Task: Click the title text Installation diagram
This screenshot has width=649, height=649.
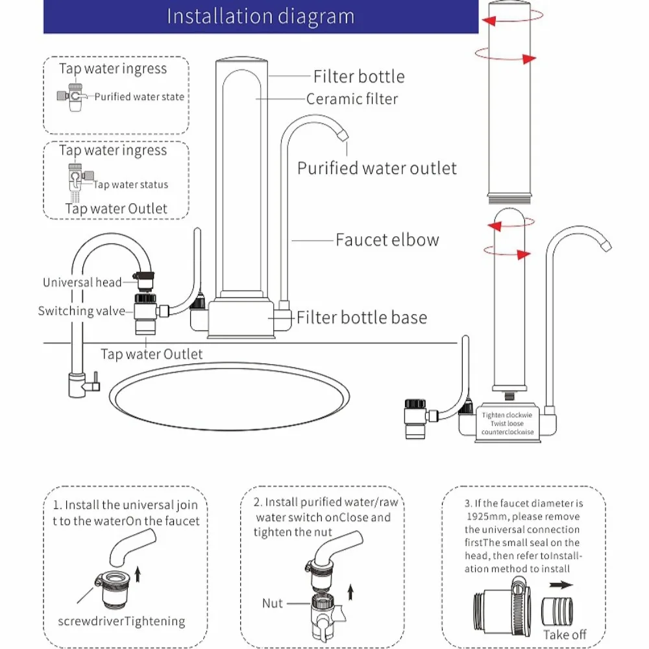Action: tap(261, 16)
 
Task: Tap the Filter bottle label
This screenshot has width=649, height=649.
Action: tap(359, 77)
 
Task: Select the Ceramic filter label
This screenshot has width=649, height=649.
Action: tap(352, 99)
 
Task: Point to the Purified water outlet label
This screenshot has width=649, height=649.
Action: tap(377, 168)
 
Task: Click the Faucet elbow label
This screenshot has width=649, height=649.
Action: tap(387, 239)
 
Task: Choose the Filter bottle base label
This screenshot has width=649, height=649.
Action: tap(362, 317)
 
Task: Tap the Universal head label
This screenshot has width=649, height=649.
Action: tap(82, 282)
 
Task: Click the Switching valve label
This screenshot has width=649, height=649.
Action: tap(81, 311)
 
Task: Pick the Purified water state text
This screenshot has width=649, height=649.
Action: tap(140, 97)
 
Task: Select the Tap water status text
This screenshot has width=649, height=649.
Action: tap(130, 185)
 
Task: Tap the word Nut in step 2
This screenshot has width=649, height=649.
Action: tap(273, 604)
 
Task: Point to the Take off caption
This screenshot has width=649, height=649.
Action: tap(565, 634)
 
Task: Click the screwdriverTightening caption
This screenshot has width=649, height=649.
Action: tap(121, 622)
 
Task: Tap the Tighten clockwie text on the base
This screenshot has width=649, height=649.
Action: tap(507, 415)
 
